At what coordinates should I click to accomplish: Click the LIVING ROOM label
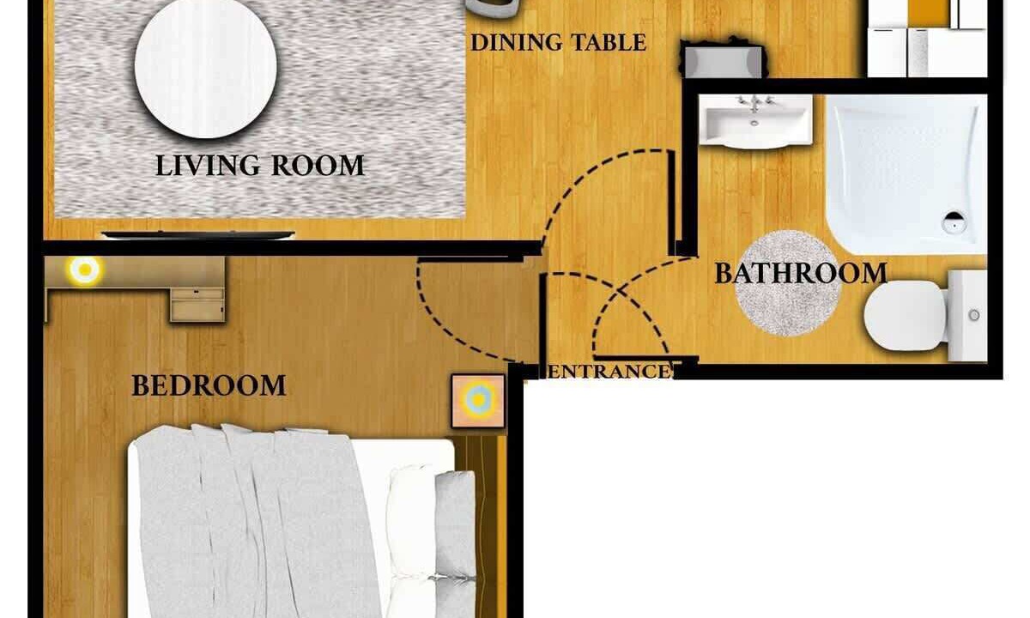click(259, 165)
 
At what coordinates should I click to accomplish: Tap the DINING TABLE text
click(558, 42)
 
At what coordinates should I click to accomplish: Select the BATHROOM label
click(800, 273)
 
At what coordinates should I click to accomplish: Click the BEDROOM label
click(209, 385)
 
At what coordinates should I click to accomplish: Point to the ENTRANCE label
click(609, 372)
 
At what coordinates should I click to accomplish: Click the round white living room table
click(206, 68)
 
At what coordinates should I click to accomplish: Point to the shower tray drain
click(954, 224)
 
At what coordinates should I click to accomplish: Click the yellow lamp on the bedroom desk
click(84, 271)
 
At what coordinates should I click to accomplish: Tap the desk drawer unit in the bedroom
click(197, 304)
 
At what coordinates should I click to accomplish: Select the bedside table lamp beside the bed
click(478, 399)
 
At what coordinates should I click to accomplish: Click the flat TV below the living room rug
click(197, 234)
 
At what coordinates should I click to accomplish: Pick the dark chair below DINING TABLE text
click(722, 60)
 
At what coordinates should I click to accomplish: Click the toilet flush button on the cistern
click(974, 315)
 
